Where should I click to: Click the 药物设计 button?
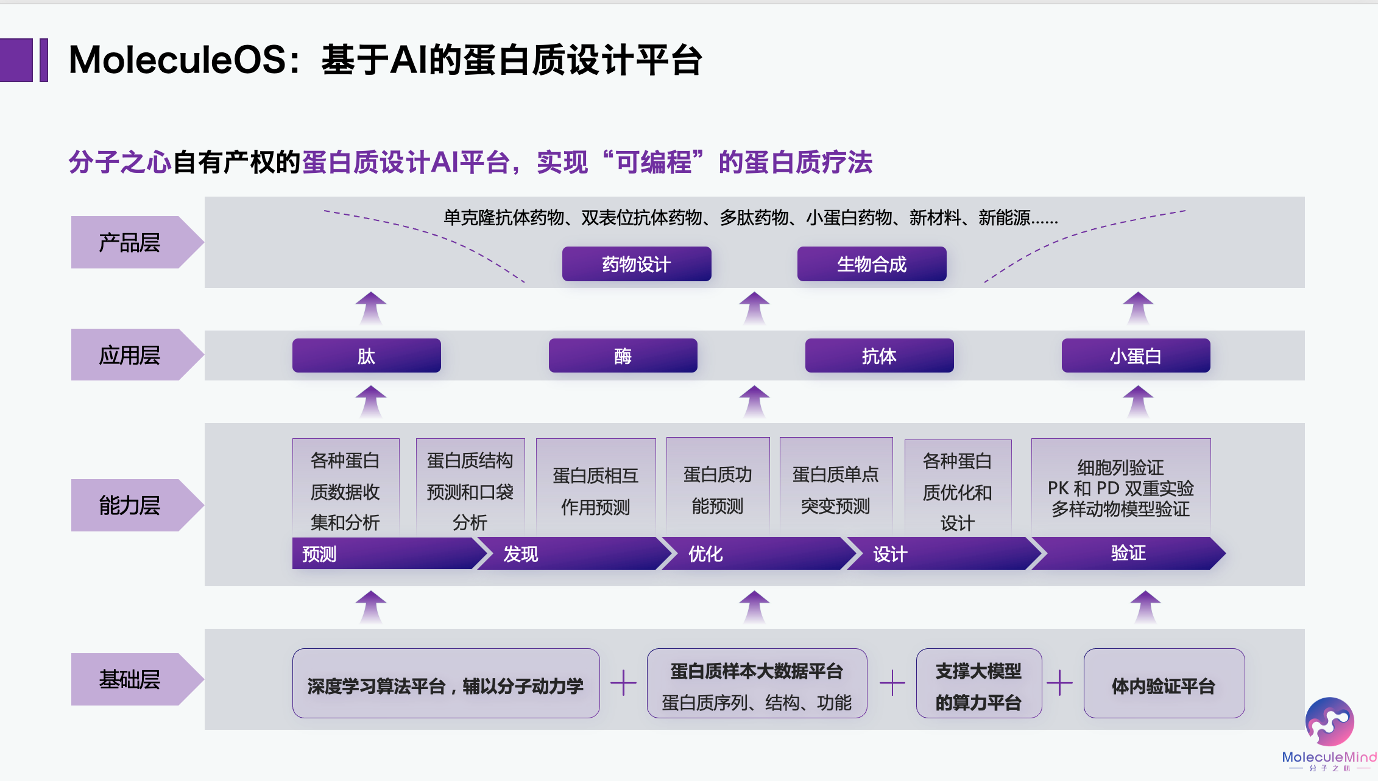(x=637, y=264)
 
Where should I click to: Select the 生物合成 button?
(x=872, y=264)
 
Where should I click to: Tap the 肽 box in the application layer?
(x=367, y=355)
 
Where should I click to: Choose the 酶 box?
(x=623, y=355)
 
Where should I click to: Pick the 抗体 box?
(x=879, y=355)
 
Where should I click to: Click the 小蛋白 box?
(x=1136, y=355)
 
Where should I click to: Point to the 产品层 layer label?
(x=130, y=242)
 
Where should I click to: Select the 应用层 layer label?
(x=130, y=355)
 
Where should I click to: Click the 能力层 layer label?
(x=130, y=505)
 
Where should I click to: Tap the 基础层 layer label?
(x=130, y=679)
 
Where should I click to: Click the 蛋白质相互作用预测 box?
(x=596, y=491)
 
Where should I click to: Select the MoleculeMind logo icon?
(x=1329, y=721)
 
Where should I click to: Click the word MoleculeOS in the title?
(x=177, y=60)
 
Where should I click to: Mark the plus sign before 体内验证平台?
(x=1060, y=682)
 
